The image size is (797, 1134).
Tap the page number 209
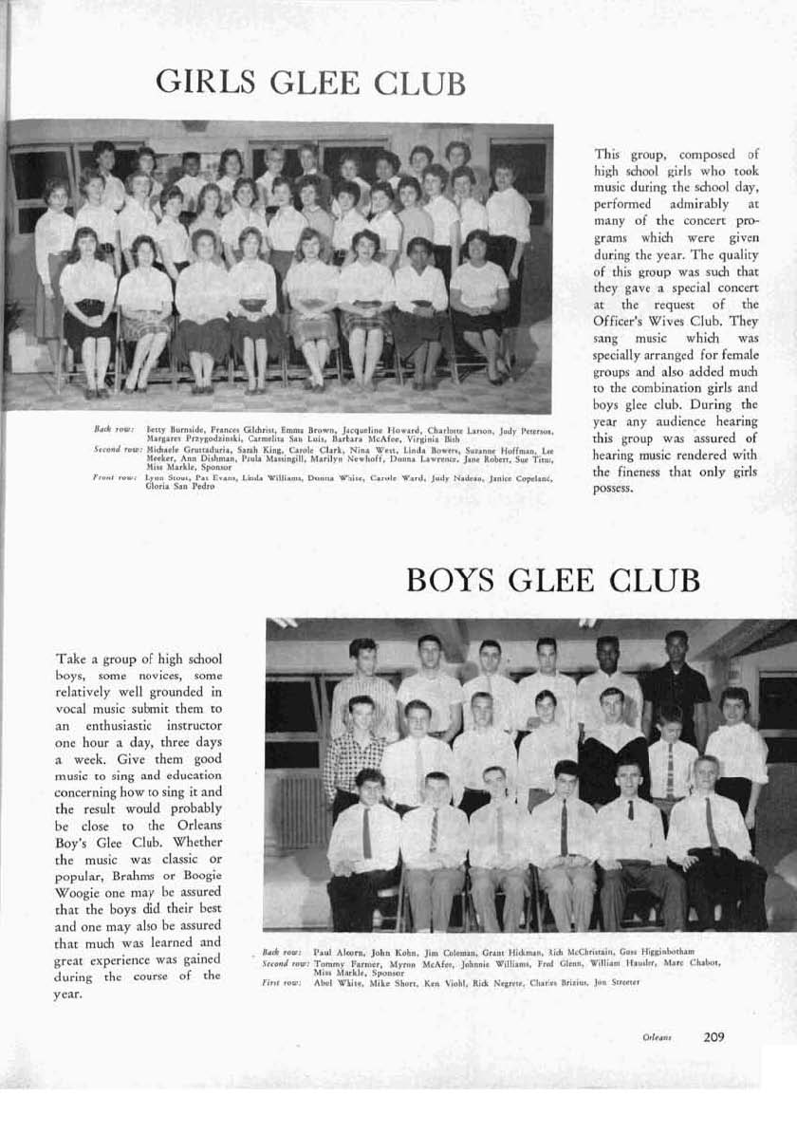coord(714,1037)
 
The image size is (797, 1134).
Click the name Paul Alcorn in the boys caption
coord(335,951)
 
